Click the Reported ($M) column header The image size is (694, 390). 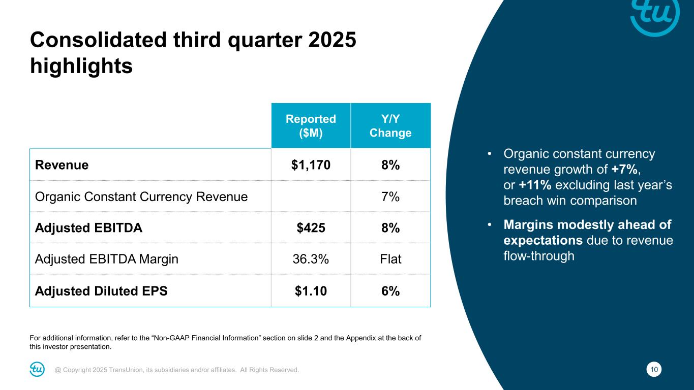pos(311,125)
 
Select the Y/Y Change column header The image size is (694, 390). pos(390,125)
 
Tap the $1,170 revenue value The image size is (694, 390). pos(311,165)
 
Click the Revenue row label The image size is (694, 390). pos(62,165)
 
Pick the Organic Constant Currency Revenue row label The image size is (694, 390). pos(141,197)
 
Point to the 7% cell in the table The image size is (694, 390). pos(390,197)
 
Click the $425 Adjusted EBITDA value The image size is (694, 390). pos(311,228)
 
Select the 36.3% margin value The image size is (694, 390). pos(311,259)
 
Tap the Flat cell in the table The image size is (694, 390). pos(390,259)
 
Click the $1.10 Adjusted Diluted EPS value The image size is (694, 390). pos(311,291)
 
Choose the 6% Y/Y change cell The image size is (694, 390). pos(390,291)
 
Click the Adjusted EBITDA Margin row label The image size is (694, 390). pos(107,259)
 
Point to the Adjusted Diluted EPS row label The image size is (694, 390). pos(101,291)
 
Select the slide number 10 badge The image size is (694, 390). pos(654,370)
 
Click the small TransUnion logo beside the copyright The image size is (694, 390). pos(37,370)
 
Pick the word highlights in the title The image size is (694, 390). pos(81,66)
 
